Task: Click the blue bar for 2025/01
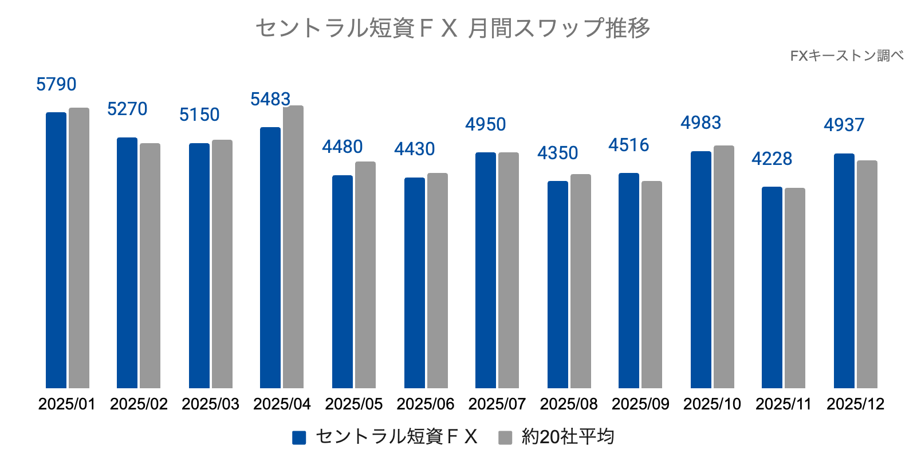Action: [x=56, y=250]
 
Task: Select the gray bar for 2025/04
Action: [x=293, y=247]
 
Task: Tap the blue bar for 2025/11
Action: [x=772, y=287]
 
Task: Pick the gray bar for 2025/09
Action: [x=652, y=285]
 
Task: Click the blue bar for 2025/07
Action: [x=486, y=270]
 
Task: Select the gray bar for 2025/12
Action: [x=867, y=274]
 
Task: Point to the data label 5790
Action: [x=56, y=84]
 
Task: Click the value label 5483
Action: [x=270, y=99]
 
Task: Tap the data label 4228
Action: [x=772, y=159]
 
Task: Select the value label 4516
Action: [x=628, y=145]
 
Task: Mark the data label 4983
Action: [x=700, y=123]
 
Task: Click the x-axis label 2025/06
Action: [x=425, y=404]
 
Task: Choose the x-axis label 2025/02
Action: [x=139, y=404]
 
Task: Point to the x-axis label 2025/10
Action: [x=712, y=404]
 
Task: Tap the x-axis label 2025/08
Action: [x=569, y=404]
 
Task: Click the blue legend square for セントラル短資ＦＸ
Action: [x=299, y=438]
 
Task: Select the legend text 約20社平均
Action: [x=568, y=437]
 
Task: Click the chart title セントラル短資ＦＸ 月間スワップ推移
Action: [x=452, y=27]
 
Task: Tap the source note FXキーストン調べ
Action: [x=847, y=56]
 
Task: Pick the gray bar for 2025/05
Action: [x=365, y=275]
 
